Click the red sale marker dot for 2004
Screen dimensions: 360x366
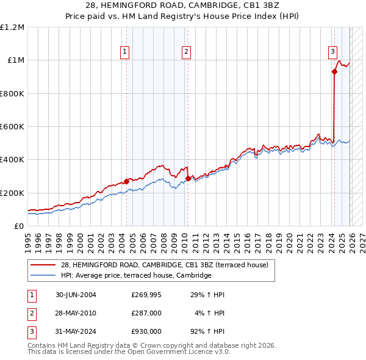(x=126, y=181)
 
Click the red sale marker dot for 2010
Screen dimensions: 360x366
(x=188, y=178)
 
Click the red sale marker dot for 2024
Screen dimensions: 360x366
(x=334, y=71)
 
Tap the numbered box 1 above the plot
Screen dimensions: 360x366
(x=124, y=52)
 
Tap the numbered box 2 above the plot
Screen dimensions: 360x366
(x=185, y=52)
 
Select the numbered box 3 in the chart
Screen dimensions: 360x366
(x=333, y=52)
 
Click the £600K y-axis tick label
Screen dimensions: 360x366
(x=12, y=127)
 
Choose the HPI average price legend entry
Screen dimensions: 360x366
(x=135, y=276)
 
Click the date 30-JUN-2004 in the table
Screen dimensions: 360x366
(x=76, y=295)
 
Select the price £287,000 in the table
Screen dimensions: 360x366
(x=146, y=313)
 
